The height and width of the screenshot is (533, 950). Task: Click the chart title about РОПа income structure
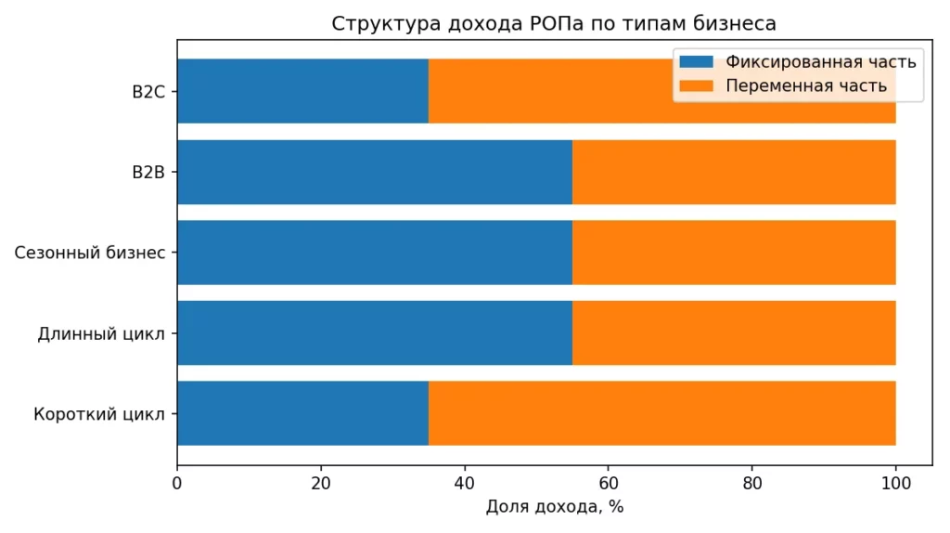[554, 24]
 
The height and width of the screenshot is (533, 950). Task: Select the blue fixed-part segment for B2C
[302, 91]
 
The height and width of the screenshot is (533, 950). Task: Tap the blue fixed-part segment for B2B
[374, 172]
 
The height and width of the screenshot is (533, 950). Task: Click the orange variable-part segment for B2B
[734, 172]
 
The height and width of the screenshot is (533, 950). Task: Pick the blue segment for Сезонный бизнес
[374, 252]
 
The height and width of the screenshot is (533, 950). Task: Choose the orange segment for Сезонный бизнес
[734, 252]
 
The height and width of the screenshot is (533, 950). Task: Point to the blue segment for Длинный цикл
[374, 332]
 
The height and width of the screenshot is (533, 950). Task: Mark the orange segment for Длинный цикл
[734, 332]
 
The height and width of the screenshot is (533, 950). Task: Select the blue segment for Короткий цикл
[302, 413]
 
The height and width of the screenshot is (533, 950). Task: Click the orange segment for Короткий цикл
[661, 413]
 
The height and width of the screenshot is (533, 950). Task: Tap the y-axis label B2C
[148, 92]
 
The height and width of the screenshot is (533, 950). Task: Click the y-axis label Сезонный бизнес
[90, 253]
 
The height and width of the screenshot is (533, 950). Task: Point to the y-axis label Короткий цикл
[99, 414]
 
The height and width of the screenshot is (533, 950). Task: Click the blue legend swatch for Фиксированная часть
[696, 62]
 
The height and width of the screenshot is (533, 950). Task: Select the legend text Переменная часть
[806, 86]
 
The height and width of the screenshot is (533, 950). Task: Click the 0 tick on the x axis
[177, 483]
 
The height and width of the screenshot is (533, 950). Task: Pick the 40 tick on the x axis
[464, 483]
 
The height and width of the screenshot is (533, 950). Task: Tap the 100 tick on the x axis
[895, 483]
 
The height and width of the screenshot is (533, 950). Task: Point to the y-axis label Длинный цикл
[101, 333]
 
